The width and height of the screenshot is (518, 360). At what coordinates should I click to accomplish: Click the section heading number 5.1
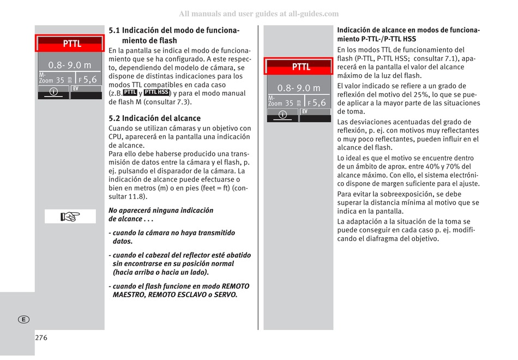[x=114, y=31]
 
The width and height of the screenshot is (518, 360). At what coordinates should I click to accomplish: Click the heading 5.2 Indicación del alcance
[x=154, y=118]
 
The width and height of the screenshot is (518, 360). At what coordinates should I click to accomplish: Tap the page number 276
[x=41, y=338]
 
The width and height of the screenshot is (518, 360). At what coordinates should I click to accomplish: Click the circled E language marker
[x=23, y=319]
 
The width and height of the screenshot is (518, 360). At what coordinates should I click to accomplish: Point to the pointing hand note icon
[x=70, y=217]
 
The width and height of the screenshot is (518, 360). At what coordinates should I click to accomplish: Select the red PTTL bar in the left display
[x=70, y=44]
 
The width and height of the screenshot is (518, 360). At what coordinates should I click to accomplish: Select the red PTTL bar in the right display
[x=299, y=67]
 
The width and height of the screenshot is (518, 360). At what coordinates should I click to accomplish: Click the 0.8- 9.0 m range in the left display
[x=70, y=65]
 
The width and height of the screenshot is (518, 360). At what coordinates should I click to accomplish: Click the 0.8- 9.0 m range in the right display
[x=299, y=88]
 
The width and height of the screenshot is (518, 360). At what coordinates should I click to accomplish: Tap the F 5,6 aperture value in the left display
[x=88, y=80]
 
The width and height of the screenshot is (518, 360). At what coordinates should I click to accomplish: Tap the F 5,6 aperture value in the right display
[x=317, y=103]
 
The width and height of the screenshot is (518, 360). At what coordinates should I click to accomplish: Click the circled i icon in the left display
[x=53, y=92]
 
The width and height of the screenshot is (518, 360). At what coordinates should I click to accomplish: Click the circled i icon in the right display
[x=282, y=115]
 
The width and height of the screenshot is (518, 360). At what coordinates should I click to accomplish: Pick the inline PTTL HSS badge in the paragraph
[x=157, y=93]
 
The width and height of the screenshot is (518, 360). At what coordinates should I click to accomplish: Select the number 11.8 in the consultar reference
[x=138, y=196]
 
